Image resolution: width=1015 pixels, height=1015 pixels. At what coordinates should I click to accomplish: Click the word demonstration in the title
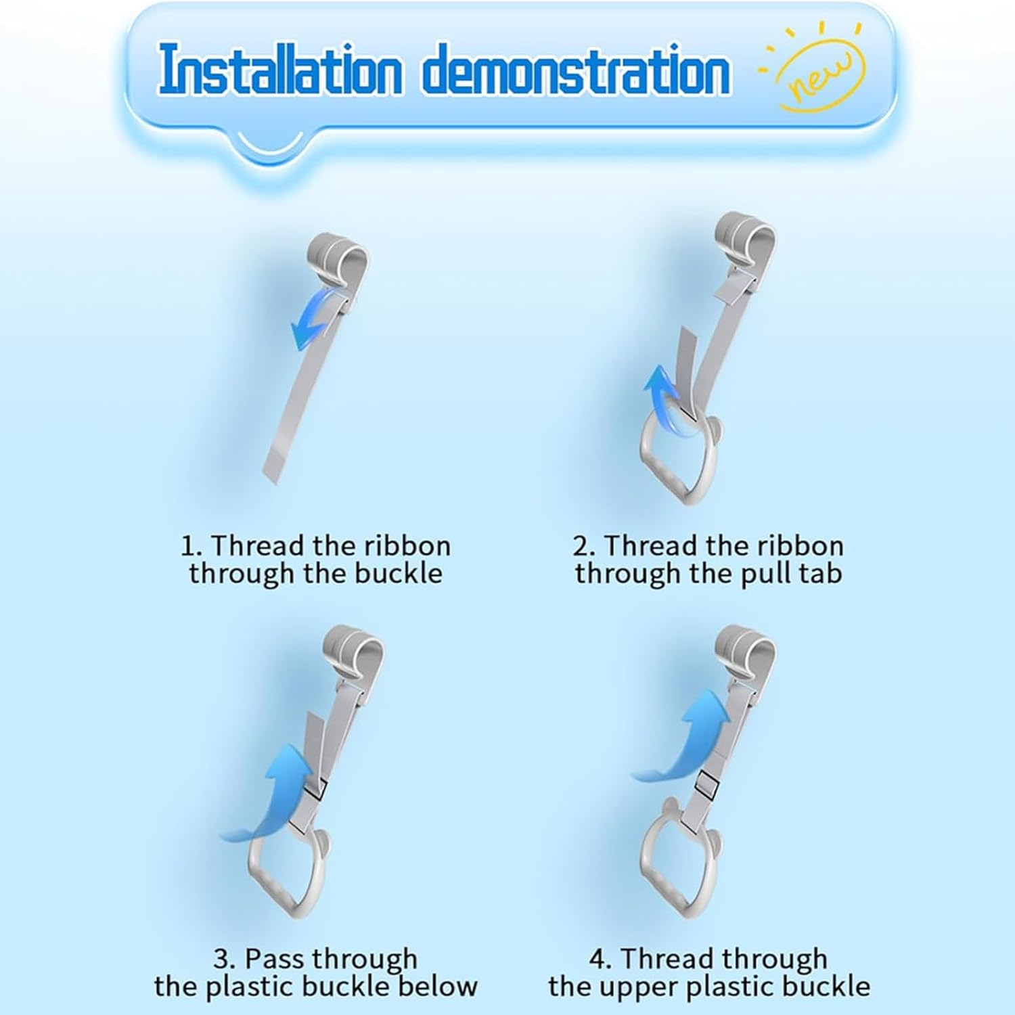pos(577,69)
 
